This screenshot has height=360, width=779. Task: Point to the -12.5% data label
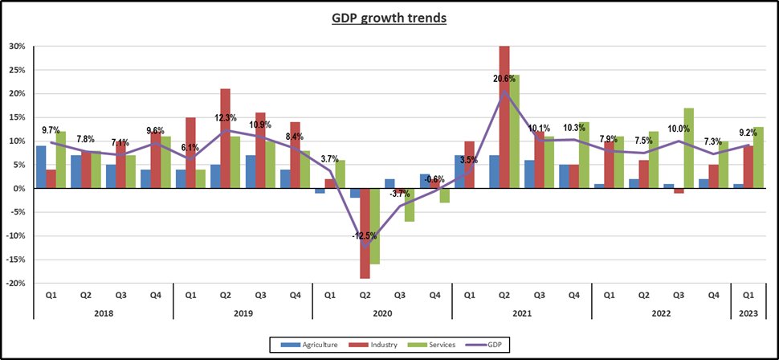coord(364,234)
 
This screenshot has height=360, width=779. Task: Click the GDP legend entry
coord(488,346)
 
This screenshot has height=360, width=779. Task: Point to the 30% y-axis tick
coord(17,46)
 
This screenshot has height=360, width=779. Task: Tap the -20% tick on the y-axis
coord(16,284)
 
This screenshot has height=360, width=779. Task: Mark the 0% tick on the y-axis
coord(19,189)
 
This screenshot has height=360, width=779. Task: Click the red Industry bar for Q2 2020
coord(365,234)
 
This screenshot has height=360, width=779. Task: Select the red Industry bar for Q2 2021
coord(504,117)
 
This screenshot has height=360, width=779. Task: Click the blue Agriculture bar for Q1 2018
coord(41,167)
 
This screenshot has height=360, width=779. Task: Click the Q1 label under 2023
coord(748,294)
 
